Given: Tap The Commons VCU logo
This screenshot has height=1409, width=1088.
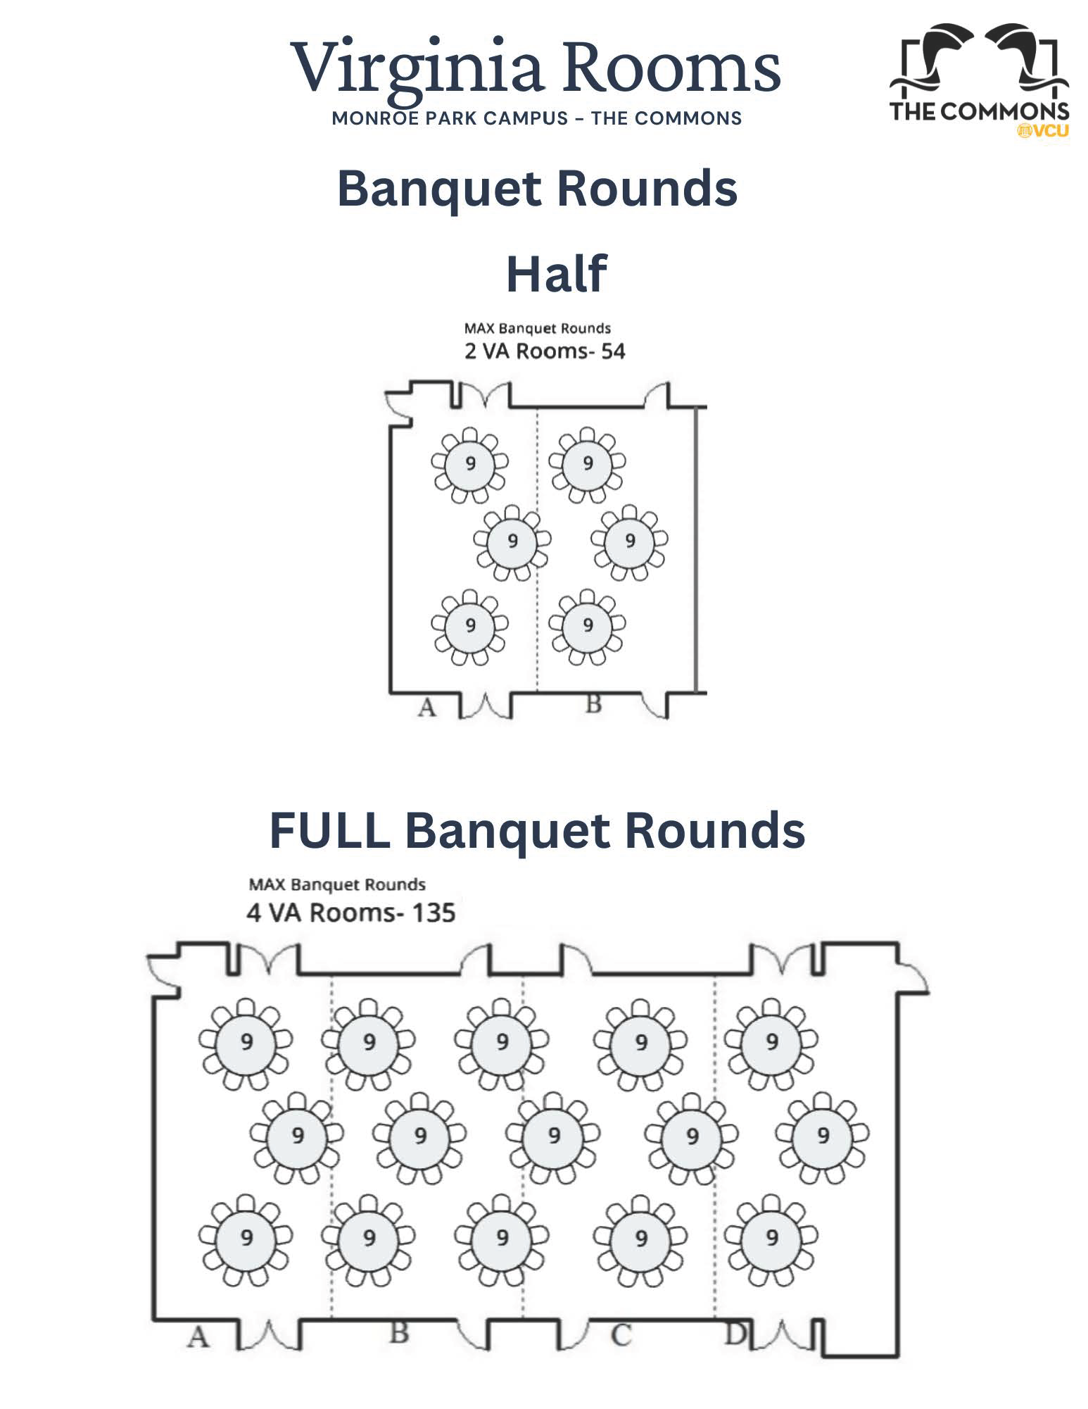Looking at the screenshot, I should pos(979,80).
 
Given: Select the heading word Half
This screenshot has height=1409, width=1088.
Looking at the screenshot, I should pos(556,274).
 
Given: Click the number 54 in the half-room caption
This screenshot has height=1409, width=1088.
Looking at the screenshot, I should pos(612,351).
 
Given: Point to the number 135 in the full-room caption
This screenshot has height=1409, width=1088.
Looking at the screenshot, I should pos(434,913).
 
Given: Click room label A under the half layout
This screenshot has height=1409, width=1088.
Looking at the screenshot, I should pos(426,707).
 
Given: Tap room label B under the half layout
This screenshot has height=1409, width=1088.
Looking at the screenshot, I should pos(593,703).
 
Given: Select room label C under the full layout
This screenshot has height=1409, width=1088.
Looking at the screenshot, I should pos(620,1335).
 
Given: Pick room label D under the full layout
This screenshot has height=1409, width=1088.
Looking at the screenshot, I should pos(735,1333).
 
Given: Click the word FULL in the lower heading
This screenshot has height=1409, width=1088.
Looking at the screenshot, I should pos(329,830).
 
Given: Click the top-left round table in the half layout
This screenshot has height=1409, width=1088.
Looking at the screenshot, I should pos(469,464).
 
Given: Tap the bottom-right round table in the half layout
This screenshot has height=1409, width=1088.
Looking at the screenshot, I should pos(588,625).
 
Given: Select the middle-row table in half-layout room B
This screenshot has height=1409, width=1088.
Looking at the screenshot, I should pos(629,541).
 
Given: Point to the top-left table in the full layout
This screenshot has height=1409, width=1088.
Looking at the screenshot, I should pos(246,1043).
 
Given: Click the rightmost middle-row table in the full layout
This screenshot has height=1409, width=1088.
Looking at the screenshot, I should pos(822,1136).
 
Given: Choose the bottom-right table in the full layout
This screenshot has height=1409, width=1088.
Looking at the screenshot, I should pos(772,1237).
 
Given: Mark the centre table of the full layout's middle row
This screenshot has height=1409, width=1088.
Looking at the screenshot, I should pos(554,1136).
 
